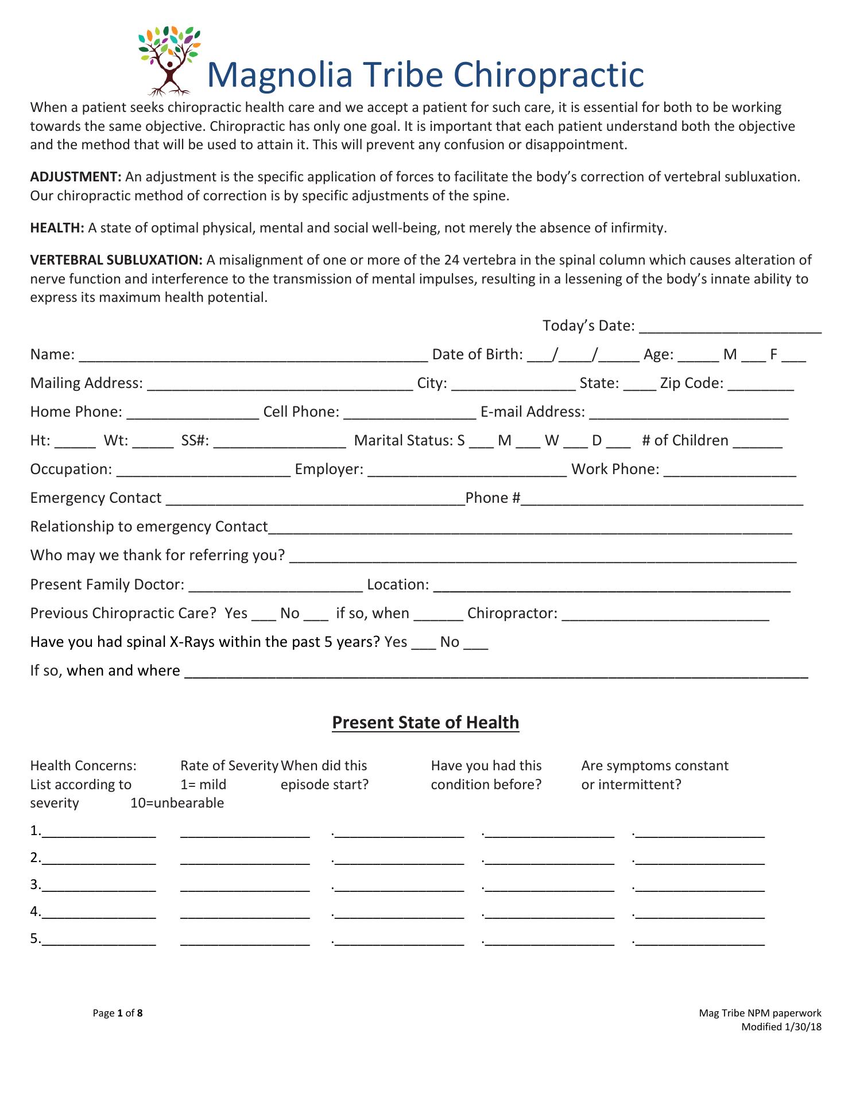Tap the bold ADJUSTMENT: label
[x=75, y=177]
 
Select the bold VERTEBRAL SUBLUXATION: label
[x=116, y=260]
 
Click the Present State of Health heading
[x=425, y=722]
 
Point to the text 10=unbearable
[x=177, y=803]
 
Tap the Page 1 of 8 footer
[x=118, y=1013]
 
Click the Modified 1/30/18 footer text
[x=781, y=1027]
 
